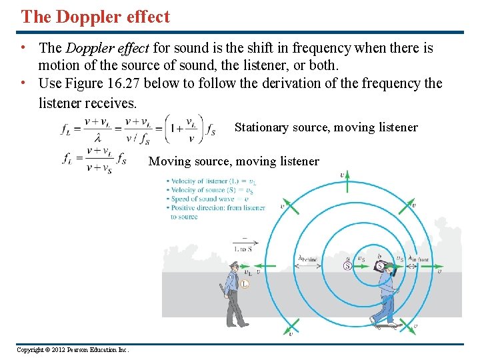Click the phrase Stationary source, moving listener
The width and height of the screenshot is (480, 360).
pyautogui.click(x=326, y=127)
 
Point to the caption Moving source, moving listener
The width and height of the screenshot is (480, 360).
pyautogui.click(x=233, y=161)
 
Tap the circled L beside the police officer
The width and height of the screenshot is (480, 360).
pyautogui.click(x=245, y=284)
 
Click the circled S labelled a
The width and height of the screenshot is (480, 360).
pyautogui.click(x=347, y=265)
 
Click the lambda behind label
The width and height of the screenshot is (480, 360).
pyautogui.click(x=308, y=260)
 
